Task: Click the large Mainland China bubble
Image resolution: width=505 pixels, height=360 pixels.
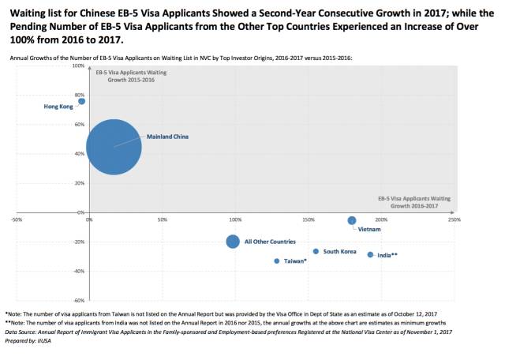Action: (114, 147)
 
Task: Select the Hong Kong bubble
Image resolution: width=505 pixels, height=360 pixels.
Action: (81, 101)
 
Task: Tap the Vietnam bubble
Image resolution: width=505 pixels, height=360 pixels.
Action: (352, 220)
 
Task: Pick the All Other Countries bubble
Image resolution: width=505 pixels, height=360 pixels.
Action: (233, 242)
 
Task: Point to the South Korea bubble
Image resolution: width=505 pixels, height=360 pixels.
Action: (316, 252)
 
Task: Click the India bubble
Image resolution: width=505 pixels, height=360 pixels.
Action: (370, 254)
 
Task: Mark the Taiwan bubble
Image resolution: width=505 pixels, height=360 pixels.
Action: (277, 261)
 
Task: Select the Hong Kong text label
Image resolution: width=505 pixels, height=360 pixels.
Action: (58, 106)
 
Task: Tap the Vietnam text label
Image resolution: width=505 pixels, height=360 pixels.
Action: (369, 230)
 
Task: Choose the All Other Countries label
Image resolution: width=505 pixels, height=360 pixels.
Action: (270, 242)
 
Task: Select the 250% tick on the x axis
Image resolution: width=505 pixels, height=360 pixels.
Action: (454, 219)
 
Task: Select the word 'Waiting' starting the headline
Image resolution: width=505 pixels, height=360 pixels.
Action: (28, 9)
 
